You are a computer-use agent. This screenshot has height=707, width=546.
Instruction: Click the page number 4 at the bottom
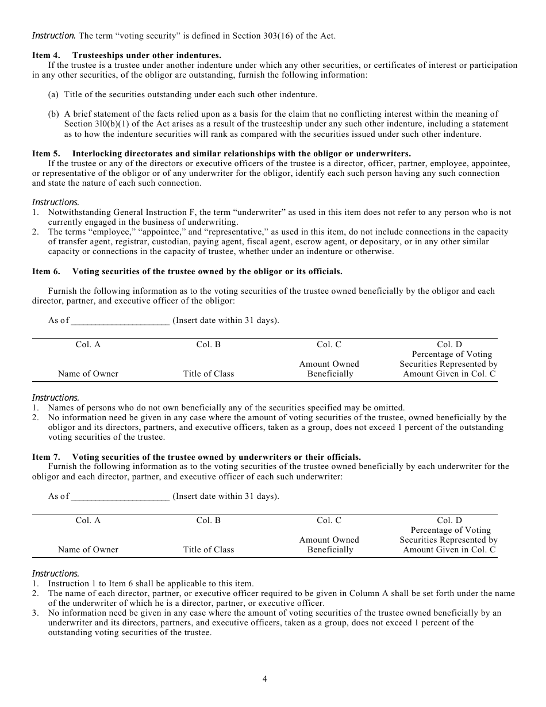click(265, 679)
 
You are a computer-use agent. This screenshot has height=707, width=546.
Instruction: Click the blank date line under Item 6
click(120, 321)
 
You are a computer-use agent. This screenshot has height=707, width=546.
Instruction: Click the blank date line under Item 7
click(120, 497)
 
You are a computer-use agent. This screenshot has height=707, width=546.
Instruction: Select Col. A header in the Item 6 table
click(88, 345)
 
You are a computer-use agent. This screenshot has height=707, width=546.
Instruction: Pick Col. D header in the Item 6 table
click(449, 345)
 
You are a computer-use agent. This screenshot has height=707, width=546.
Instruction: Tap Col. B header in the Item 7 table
click(209, 521)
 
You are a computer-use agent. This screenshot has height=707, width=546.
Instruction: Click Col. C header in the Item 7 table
click(329, 521)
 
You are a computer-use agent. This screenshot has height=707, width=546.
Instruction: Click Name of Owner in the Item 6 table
click(88, 374)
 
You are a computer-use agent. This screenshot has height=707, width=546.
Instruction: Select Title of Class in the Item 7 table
click(209, 550)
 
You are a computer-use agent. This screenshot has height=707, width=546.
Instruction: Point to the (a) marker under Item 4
click(53, 95)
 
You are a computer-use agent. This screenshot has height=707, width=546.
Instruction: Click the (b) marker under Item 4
click(53, 114)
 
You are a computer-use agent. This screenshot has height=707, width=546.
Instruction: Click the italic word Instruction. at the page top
click(53, 36)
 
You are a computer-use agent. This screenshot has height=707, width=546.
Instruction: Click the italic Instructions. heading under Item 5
click(55, 202)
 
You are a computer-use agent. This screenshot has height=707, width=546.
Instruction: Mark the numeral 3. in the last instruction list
click(36, 613)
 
